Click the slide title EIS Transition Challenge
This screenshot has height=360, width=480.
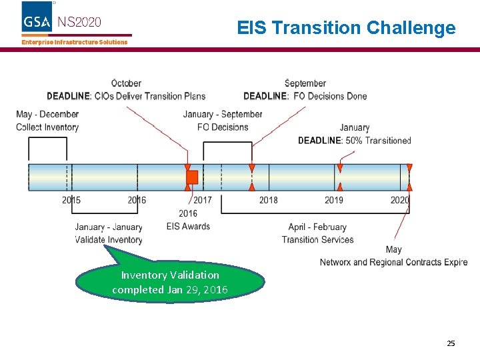pos(346,28)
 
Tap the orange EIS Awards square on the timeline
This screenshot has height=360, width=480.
pos(192,177)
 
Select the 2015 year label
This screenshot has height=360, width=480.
pos(71,200)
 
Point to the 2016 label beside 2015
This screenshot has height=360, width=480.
pos(137,200)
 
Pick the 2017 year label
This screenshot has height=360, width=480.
pos(203,200)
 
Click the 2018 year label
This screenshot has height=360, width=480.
pos(269,200)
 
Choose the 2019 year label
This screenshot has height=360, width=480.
pos(334,200)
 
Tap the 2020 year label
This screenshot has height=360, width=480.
pos(400,200)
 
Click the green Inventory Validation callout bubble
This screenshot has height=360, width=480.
pos(169,282)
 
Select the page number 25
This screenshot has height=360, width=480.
pos(451,343)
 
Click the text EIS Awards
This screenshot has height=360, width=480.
pos(188,226)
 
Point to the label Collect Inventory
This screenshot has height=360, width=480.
pos(47,127)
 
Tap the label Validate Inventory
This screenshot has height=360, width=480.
pos(109,240)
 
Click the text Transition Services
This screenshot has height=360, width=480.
pos(317,240)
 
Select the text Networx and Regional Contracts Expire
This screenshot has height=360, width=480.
pos(393,262)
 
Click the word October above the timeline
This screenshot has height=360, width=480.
pos(126,83)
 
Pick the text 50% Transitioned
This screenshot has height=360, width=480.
pos(378,140)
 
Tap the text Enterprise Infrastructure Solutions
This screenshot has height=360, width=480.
pos(74,42)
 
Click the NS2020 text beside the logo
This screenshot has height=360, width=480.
pos(79,22)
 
